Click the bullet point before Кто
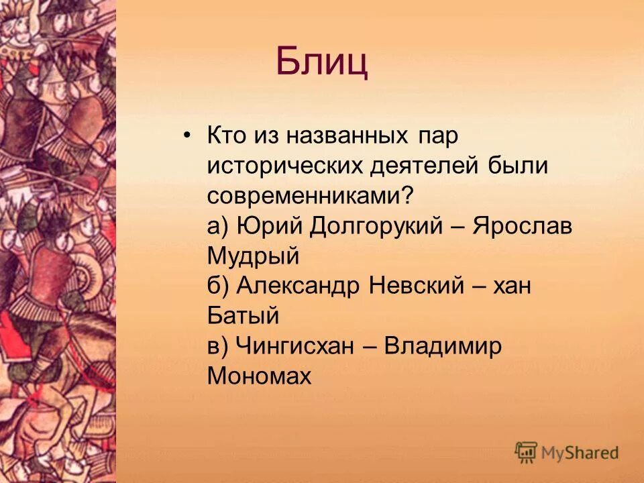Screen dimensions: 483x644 coord(187,136)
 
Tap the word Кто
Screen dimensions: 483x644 coord(227,136)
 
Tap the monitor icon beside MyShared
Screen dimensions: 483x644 coord(527,451)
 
